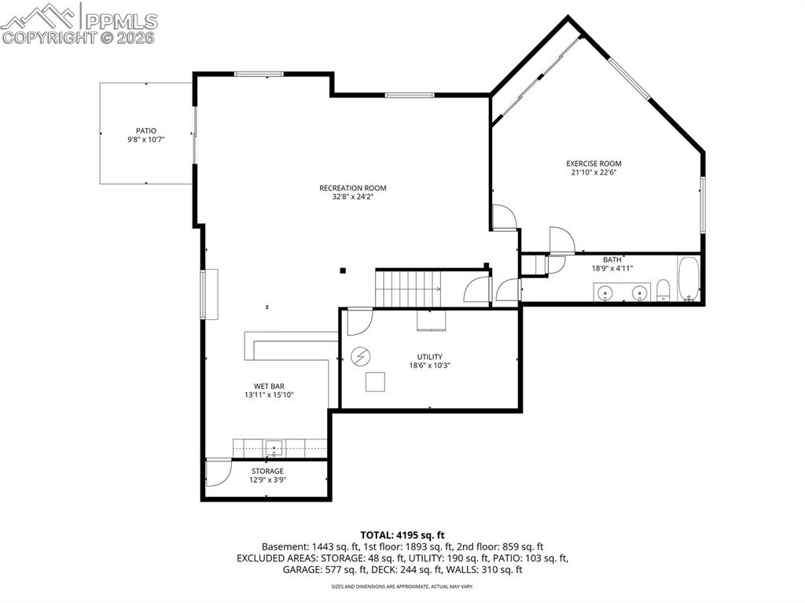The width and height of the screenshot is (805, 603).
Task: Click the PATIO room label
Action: [146, 131]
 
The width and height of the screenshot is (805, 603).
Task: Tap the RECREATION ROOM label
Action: [352, 188]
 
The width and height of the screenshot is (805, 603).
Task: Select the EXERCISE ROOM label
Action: [594, 164]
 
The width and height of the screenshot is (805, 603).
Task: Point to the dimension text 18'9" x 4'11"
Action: [612, 268]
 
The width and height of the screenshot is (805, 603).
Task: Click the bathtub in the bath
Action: [689, 279]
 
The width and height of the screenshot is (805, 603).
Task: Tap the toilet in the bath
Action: [663, 289]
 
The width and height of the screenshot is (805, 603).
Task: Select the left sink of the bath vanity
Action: [606, 293]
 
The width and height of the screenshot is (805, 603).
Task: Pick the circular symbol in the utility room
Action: [360, 356]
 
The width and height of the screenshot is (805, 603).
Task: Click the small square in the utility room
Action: [376, 381]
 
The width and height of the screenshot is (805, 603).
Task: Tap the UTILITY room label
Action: [429, 356]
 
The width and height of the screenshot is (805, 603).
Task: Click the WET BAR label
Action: [268, 386]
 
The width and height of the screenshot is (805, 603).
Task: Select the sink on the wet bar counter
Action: [274, 448]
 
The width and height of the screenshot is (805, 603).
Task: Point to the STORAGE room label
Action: [267, 471]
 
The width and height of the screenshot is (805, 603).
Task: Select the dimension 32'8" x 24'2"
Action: [352, 197]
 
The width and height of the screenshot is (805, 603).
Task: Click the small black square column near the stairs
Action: [343, 271]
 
